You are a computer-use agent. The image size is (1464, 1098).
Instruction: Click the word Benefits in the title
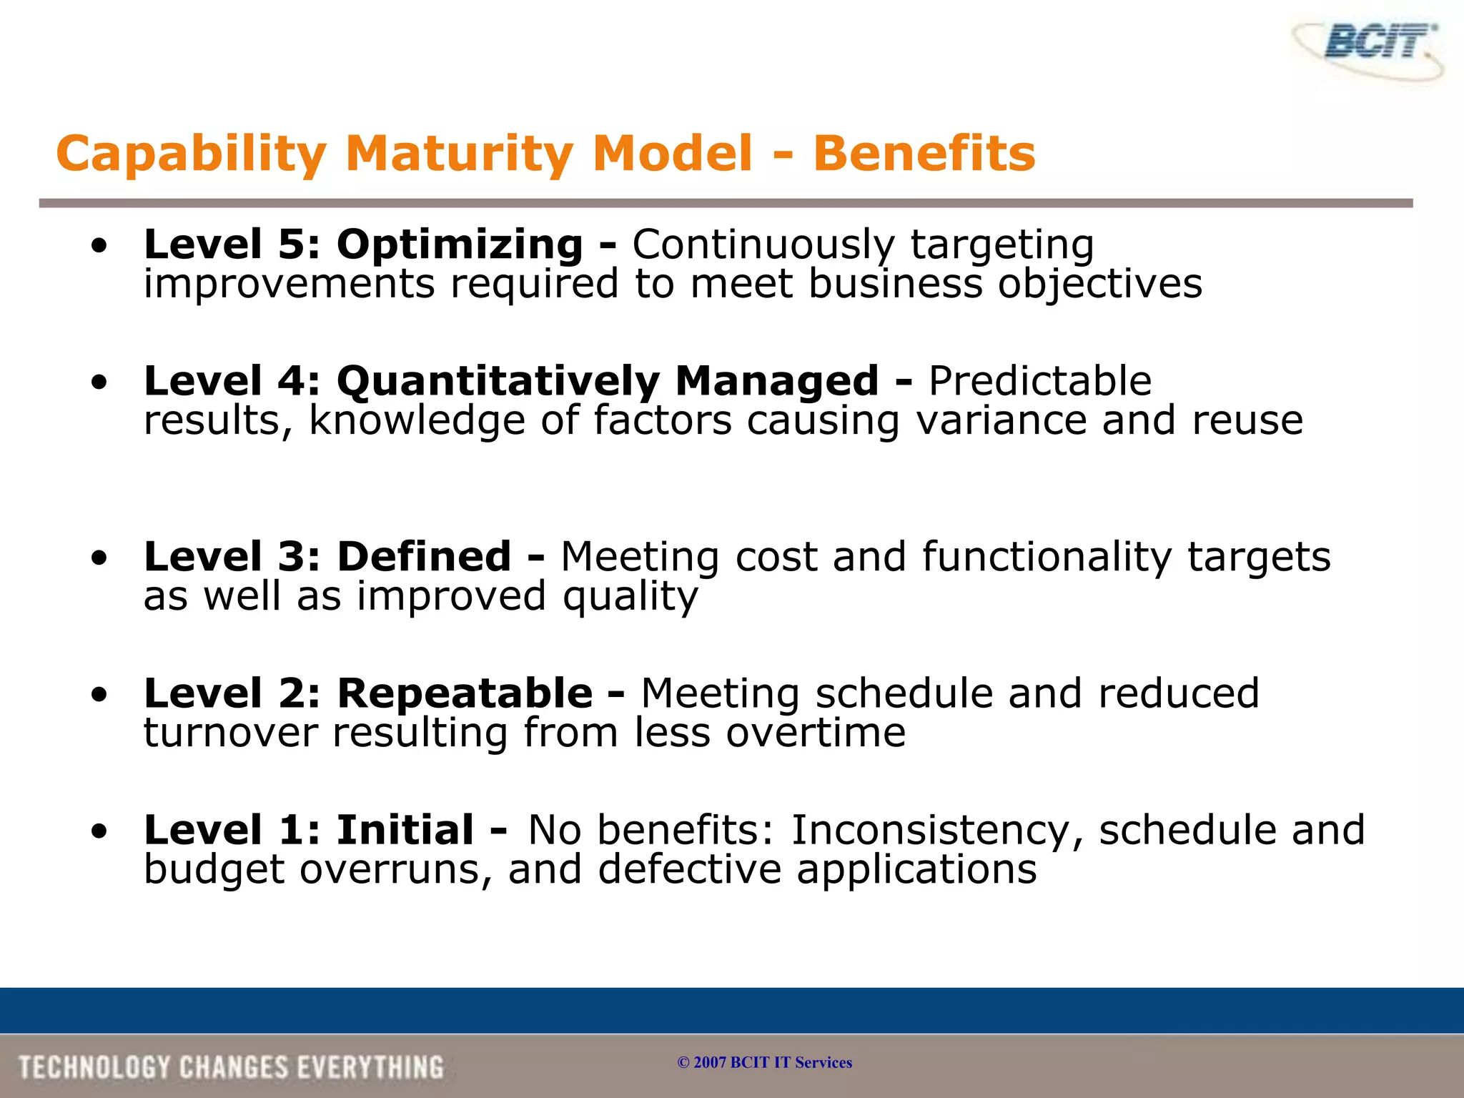924,154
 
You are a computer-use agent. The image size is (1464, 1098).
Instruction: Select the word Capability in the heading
191,154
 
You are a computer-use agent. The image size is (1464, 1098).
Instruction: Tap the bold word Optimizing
460,245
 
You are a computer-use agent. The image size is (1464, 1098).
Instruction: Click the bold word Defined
424,557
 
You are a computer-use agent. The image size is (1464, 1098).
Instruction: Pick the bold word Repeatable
464,693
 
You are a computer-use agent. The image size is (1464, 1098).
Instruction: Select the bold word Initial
405,830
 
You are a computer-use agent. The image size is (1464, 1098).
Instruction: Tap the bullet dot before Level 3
99,558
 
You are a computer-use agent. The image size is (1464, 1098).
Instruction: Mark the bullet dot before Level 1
99,831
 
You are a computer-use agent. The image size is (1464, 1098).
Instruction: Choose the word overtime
816,733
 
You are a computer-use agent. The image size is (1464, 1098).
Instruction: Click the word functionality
1047,557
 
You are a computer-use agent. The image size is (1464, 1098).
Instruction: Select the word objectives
1100,285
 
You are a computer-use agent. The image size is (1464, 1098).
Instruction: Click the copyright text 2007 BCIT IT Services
764,1062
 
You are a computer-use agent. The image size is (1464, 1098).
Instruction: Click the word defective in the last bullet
689,869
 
